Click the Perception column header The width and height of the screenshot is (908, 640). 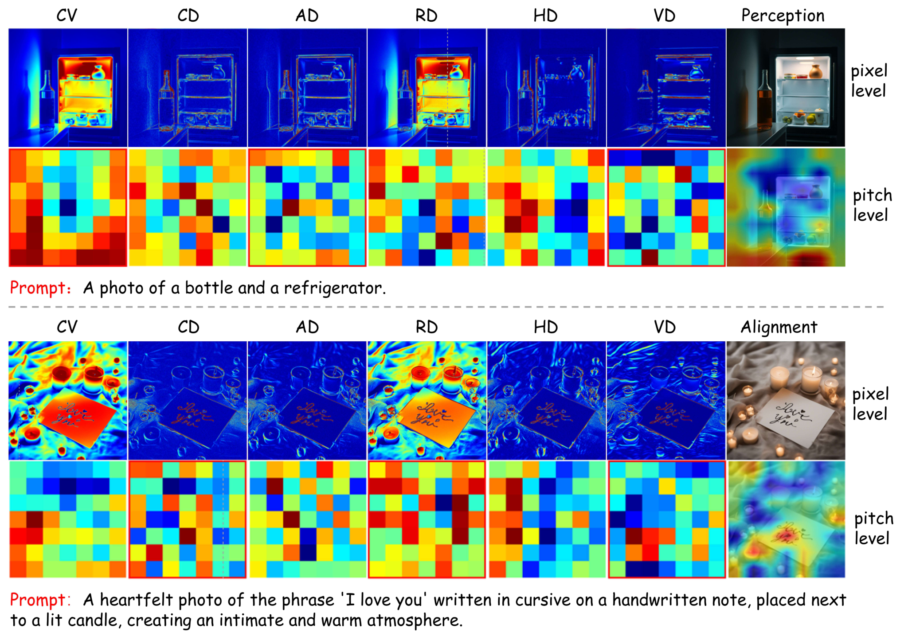pyautogui.click(x=783, y=16)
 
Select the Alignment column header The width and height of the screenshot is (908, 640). pyautogui.click(x=779, y=327)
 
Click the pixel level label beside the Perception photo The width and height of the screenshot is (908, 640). pyautogui.click(x=869, y=81)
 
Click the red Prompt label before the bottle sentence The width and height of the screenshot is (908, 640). pyautogui.click(x=40, y=288)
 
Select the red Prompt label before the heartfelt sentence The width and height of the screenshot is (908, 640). pyautogui.click(x=40, y=600)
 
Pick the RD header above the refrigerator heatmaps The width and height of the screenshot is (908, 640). pyautogui.click(x=426, y=16)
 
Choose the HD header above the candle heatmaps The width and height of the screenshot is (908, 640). pyautogui.click(x=545, y=328)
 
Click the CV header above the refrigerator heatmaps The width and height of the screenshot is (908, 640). pyautogui.click(x=67, y=16)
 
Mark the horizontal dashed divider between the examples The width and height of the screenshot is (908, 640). pyautogui.click(x=446, y=307)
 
